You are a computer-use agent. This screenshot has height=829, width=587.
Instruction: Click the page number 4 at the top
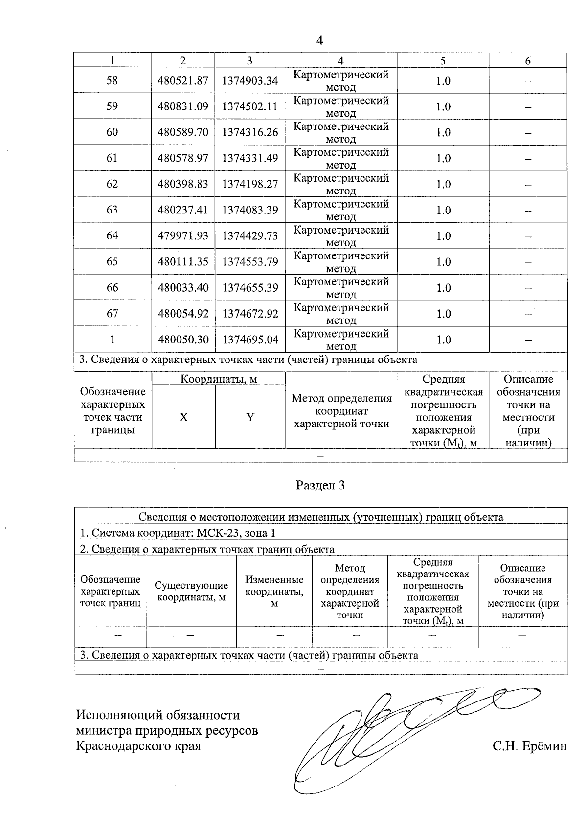[x=320, y=41]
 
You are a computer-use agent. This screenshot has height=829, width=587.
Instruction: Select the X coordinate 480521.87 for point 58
[x=183, y=81]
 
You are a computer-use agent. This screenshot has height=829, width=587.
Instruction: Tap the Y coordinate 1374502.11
[x=250, y=106]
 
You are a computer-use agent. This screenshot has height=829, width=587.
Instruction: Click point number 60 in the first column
[x=112, y=132]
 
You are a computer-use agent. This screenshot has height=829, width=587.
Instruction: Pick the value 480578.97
[x=183, y=158]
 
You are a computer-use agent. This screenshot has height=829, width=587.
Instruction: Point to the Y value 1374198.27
[x=250, y=184]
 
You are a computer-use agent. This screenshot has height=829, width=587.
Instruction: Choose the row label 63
[x=112, y=210]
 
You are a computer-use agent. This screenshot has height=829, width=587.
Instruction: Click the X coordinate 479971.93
[x=183, y=236]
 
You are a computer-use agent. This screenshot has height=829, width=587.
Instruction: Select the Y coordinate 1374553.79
[x=250, y=262]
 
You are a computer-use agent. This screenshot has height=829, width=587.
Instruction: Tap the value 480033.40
[x=183, y=288]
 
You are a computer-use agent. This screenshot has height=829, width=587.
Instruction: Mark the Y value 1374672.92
[x=250, y=314]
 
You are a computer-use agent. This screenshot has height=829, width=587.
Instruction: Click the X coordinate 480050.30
[x=183, y=340]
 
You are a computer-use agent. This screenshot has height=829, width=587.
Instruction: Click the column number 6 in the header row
[x=527, y=61]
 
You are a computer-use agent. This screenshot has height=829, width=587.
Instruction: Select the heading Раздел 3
[x=320, y=485]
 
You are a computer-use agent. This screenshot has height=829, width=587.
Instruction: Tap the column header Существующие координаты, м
[x=191, y=591]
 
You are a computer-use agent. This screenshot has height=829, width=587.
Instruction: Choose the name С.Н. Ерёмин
[x=530, y=746]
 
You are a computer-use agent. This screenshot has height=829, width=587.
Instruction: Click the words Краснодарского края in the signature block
[x=138, y=746]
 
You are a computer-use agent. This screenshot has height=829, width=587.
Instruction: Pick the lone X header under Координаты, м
[x=183, y=417]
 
